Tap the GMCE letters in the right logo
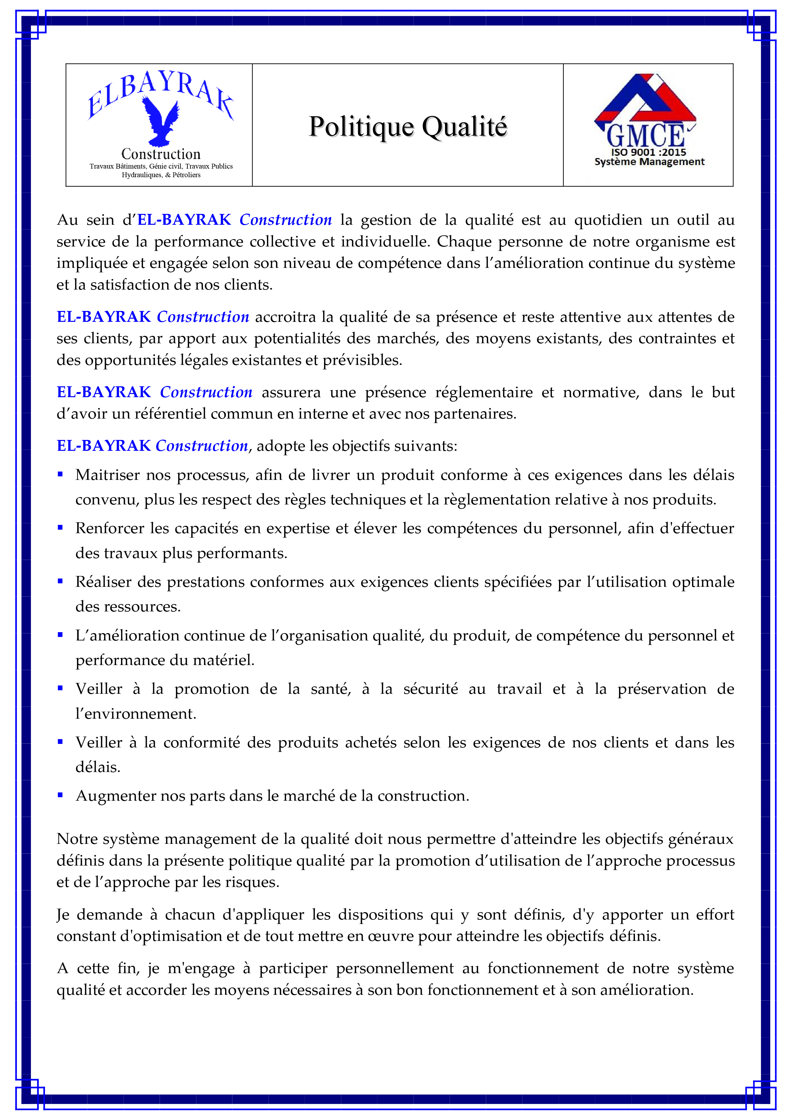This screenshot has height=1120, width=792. click(x=645, y=136)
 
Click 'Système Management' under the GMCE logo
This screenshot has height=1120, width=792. click(x=649, y=162)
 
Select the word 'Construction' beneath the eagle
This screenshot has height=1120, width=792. click(x=161, y=154)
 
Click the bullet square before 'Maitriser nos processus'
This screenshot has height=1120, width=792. click(x=60, y=474)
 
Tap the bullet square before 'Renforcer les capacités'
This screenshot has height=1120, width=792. click(x=60, y=527)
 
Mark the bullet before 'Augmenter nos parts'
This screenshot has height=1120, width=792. click(x=60, y=795)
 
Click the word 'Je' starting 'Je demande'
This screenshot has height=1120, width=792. click(x=63, y=915)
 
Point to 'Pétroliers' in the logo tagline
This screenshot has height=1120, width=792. click(x=186, y=175)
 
